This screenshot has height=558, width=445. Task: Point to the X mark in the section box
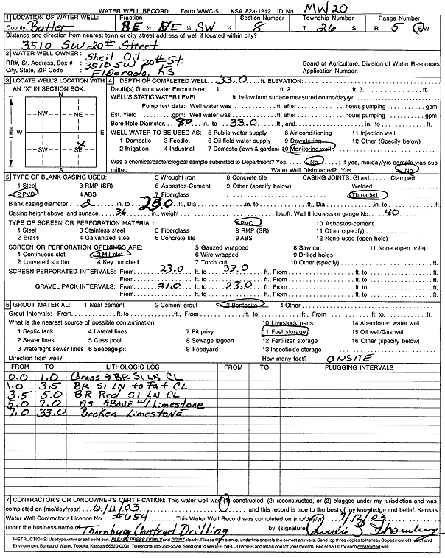click(x=82, y=144)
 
